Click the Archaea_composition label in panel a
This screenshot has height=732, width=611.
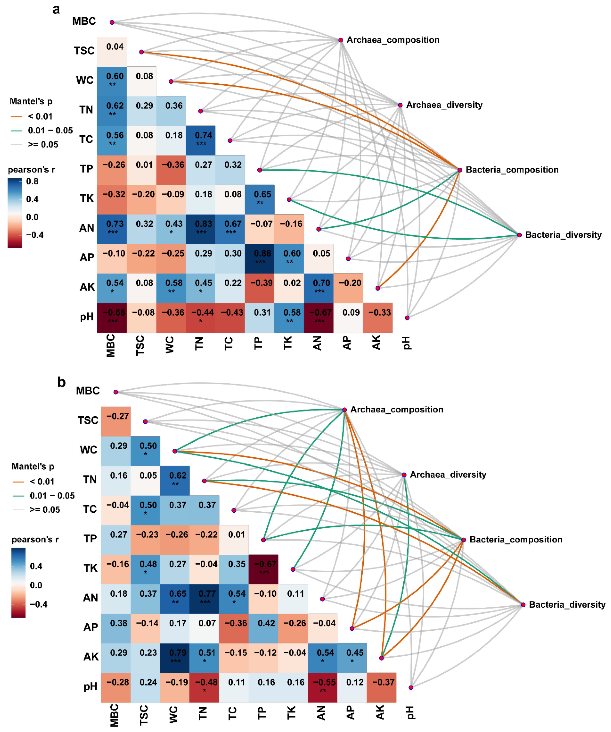392,40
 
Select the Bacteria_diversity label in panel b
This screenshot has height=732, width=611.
567,605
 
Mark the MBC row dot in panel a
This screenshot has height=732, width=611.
112,22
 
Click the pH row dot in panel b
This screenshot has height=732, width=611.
411,687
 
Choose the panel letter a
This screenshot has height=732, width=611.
56,9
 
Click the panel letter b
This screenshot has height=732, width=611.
61,382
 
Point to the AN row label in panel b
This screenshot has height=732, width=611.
90,598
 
